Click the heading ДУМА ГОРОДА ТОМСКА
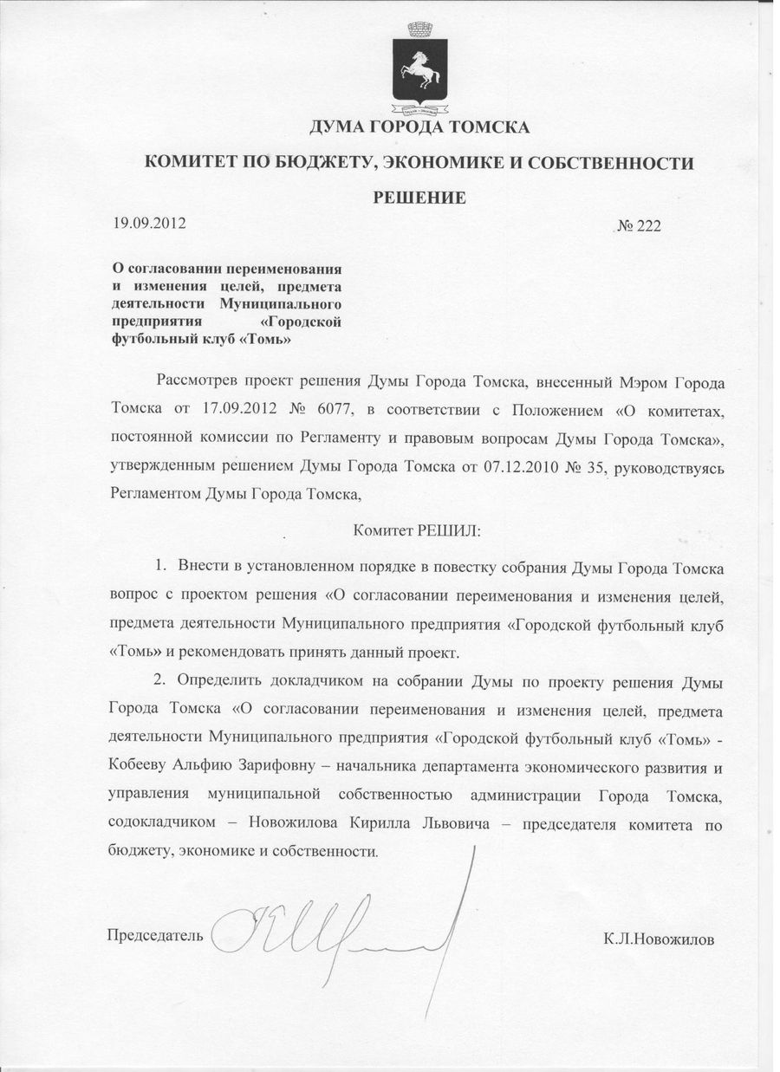pos(419,129)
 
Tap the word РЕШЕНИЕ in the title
pos(419,198)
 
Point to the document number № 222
pos(639,226)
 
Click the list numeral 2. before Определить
pos(161,681)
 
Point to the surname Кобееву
pos(143,767)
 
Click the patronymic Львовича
pos(454,824)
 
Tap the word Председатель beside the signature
pos(154,935)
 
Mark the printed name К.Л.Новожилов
pos(660,939)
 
